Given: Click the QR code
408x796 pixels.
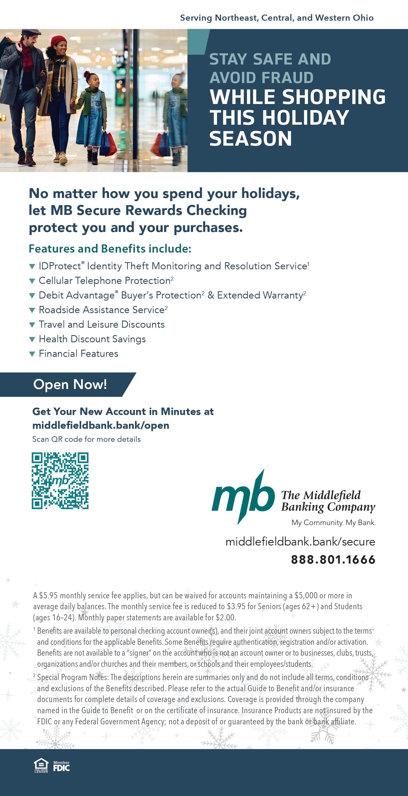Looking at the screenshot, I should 60,481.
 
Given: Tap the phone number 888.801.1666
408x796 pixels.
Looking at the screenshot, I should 333,560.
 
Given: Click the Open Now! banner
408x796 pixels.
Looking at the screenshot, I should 70,384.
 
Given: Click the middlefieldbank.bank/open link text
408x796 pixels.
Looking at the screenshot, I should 101,426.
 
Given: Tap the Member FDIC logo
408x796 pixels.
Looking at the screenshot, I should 61,767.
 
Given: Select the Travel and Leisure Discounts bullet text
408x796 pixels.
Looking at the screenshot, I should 102,325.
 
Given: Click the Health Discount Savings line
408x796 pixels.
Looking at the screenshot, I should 92,339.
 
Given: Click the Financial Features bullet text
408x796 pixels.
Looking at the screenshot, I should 79,353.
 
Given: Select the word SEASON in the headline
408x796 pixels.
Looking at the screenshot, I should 250,139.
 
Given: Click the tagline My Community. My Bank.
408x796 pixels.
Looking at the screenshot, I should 333,522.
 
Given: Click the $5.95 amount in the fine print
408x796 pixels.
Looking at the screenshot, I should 49,595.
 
